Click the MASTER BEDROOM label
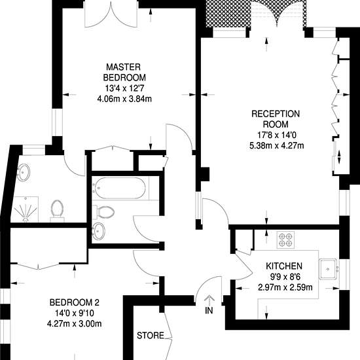[x=124, y=72]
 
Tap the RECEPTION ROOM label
[x=276, y=119]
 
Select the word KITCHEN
[x=284, y=266]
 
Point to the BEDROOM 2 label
[x=75, y=302]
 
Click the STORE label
[x=151, y=336]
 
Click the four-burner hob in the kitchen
[x=285, y=240]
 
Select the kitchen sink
[x=328, y=269]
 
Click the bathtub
[x=120, y=188]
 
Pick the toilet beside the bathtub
[x=103, y=211]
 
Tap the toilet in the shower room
[x=57, y=211]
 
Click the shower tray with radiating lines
[x=25, y=209]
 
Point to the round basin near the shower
[x=24, y=172]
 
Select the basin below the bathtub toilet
[x=98, y=232]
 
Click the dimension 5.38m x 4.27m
[x=277, y=145]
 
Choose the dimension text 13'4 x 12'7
[x=125, y=88]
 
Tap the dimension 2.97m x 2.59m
[x=285, y=287]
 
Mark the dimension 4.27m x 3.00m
[x=75, y=324]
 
